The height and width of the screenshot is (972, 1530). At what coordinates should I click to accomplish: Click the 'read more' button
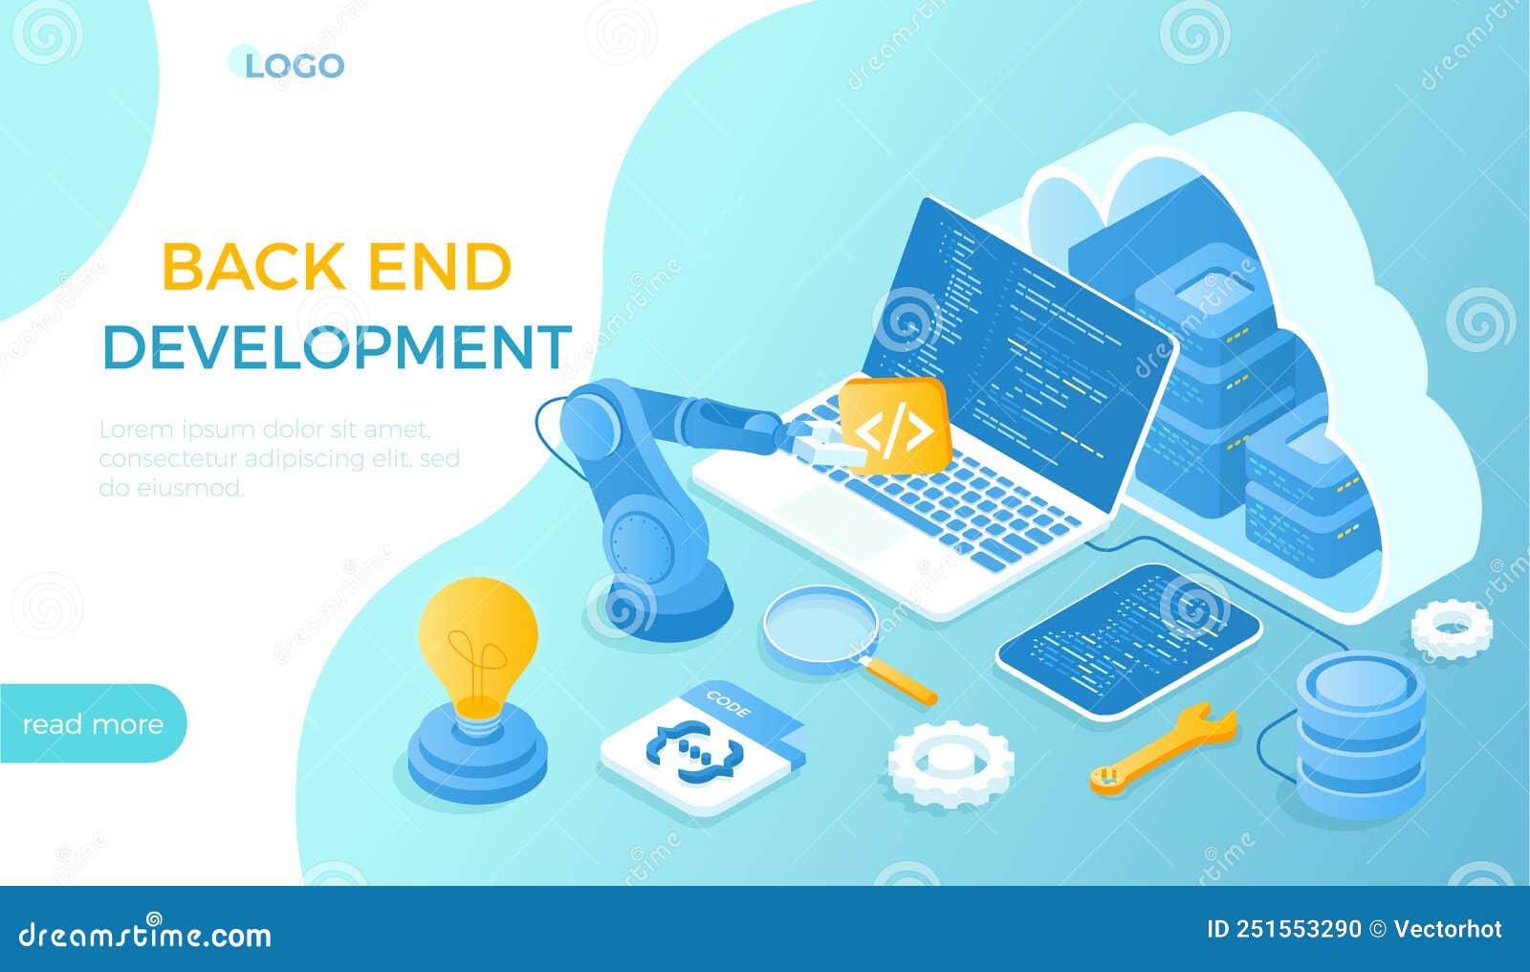(93, 724)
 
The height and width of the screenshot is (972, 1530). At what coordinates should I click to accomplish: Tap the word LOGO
(295, 66)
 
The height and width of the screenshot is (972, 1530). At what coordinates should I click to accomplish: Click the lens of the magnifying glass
(820, 627)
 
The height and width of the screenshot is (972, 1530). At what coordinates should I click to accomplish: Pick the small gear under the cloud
(1452, 629)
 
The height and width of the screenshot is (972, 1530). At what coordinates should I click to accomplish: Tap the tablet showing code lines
(1129, 637)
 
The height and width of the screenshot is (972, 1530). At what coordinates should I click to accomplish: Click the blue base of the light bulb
(477, 761)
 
